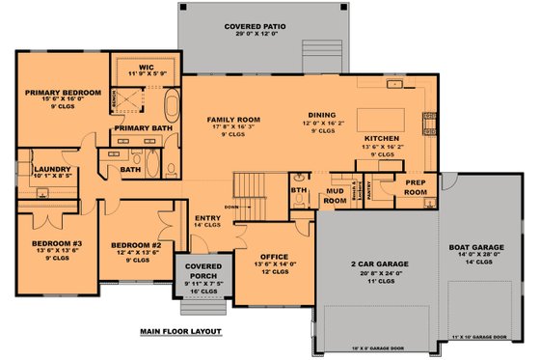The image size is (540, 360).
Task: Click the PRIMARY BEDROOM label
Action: pos(57,94)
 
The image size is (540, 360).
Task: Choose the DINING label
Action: pos(322,115)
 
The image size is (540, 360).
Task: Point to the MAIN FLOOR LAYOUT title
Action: pos(180,331)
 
